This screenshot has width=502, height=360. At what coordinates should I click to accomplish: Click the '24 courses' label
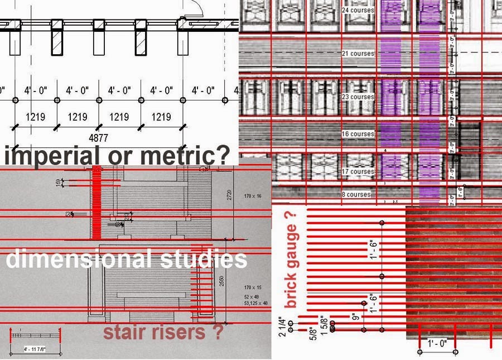358,10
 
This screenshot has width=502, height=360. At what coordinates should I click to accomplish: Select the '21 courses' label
358,54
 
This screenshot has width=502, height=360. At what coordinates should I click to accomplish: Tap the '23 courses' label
358,97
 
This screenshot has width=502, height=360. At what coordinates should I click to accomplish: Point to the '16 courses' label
358,134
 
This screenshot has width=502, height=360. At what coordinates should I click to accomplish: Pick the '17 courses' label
358,171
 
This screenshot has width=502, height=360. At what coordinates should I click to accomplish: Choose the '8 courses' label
356,194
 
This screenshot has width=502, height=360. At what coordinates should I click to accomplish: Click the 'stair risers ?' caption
163,333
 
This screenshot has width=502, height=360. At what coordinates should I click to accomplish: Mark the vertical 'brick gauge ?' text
292,260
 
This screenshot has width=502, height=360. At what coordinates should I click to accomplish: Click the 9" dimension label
355,318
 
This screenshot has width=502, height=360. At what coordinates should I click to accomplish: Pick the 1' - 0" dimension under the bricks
437,344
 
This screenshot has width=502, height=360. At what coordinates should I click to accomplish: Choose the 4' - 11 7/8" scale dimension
35,349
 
